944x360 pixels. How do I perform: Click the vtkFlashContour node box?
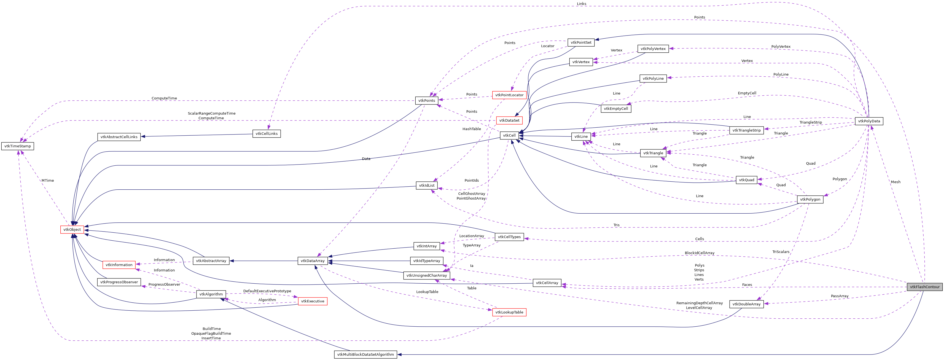coord(924,287)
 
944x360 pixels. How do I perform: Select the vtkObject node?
coord(72,230)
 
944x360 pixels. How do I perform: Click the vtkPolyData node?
coord(869,121)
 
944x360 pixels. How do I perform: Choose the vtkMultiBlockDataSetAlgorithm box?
coord(365,354)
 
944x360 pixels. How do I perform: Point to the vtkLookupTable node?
coord(509,312)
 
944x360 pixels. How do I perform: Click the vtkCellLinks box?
coord(267,134)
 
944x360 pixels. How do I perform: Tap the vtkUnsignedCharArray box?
coord(427,275)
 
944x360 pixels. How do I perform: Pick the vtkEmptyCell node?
coord(616,109)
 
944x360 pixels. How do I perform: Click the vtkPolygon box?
coord(810,199)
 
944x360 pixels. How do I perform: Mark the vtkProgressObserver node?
coord(119,282)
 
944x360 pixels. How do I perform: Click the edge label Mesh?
coord(895,182)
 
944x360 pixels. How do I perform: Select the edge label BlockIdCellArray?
coord(699,253)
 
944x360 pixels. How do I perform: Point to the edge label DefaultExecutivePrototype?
coord(267,291)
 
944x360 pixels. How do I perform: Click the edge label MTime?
coord(48,180)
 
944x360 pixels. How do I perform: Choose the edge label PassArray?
coord(840,296)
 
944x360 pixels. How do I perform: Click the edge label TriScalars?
coord(781,252)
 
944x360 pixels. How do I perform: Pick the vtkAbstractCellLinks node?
coord(119,137)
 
